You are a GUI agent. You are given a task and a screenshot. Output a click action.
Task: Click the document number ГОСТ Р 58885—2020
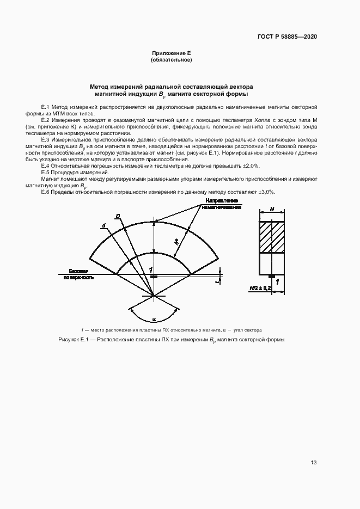coord(287,37)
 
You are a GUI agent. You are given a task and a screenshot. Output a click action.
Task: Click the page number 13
coord(314,463)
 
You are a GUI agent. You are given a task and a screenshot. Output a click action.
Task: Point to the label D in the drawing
coord(118,216)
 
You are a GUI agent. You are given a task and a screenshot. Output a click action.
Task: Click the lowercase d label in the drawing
coord(103,225)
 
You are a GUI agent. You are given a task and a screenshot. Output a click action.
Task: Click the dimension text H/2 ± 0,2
coord(260,287)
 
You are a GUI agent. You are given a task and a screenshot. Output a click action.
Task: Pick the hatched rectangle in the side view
coord(271,237)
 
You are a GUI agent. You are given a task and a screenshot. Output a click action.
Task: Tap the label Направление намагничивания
coord(222,204)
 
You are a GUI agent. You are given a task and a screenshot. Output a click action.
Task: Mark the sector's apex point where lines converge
coord(154,296)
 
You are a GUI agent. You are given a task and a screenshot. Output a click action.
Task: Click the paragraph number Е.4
coord(45,165)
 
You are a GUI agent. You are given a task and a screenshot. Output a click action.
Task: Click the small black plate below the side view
coord(271,277)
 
